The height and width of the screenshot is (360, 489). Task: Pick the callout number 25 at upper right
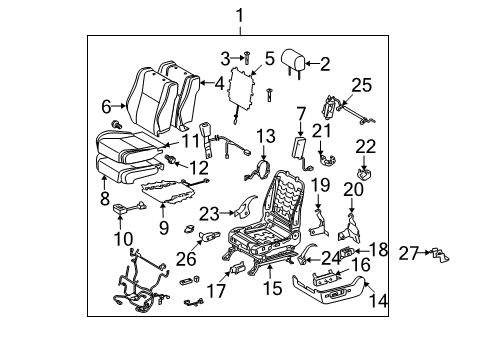361,86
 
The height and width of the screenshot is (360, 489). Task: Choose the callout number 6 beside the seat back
106,105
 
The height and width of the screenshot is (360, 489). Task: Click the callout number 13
264,135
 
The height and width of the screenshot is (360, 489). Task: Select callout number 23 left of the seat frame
207,212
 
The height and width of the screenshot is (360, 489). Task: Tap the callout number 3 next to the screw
225,56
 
